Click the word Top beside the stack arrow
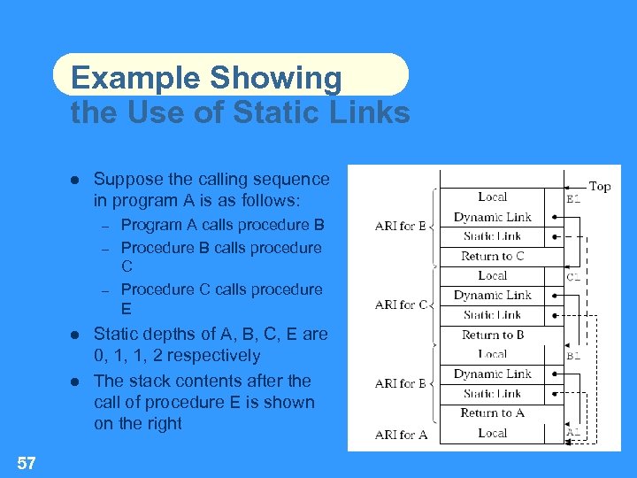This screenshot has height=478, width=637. click(x=600, y=186)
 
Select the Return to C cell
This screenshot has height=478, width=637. click(x=493, y=256)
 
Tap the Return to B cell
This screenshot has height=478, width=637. click(x=493, y=335)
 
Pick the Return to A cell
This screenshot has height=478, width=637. click(x=493, y=412)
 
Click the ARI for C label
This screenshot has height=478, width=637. click(x=401, y=305)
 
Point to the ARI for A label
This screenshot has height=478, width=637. click(x=401, y=434)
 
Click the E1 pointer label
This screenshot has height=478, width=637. click(x=573, y=199)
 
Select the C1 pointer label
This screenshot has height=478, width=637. click(x=573, y=277)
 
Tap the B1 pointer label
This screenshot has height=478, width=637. click(x=573, y=356)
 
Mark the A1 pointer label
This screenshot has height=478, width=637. click(x=573, y=433)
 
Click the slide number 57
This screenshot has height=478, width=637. click(x=26, y=461)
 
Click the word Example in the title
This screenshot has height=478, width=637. click(x=135, y=78)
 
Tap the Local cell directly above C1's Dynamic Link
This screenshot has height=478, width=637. click(x=493, y=275)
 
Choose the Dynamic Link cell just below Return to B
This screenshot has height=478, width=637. click(x=493, y=374)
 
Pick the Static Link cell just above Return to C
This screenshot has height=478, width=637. click(x=493, y=236)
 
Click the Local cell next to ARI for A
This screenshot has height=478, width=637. click(x=493, y=433)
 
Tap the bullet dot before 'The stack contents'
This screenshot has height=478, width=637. click(x=76, y=382)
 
